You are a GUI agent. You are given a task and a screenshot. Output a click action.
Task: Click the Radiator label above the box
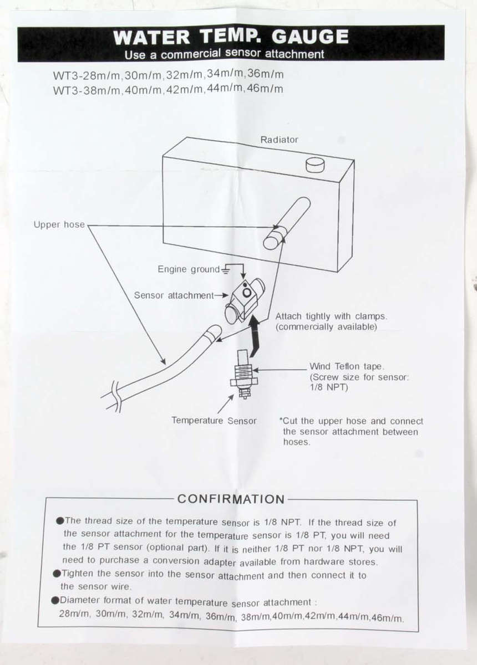tap(279, 140)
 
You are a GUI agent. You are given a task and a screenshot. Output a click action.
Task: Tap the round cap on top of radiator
tap(315, 165)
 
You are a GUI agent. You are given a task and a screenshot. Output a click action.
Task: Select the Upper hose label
tap(59, 225)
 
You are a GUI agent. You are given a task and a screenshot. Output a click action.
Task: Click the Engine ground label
tap(189, 269)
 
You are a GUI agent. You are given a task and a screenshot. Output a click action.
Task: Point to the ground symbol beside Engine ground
tap(225, 270)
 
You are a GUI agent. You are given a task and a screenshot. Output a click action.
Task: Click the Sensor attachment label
tap(173, 295)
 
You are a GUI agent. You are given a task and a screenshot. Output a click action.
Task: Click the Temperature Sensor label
tap(214, 421)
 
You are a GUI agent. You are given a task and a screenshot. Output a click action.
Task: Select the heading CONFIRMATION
tap(231, 499)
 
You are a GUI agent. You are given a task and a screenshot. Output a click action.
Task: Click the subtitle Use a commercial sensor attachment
tap(224, 54)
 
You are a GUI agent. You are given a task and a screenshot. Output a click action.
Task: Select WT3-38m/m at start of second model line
tap(87, 90)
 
